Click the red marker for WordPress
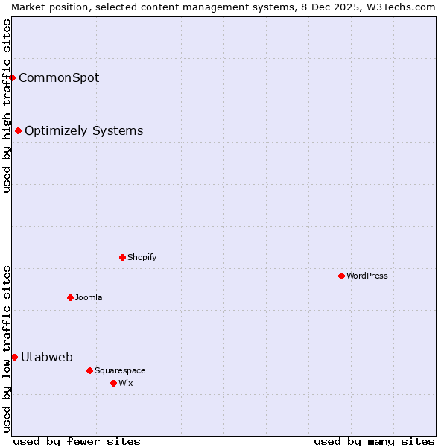(x=341, y=276)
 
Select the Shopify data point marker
(x=122, y=257)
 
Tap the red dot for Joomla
(x=70, y=297)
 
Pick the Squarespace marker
(x=89, y=370)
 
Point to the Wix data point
(x=113, y=383)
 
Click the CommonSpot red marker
(x=12, y=77)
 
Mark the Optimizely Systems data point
(x=18, y=131)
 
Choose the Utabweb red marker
(x=14, y=357)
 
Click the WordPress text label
(x=367, y=276)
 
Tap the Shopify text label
(x=142, y=257)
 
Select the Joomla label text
(x=89, y=297)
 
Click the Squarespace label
(x=120, y=370)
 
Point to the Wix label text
(x=125, y=383)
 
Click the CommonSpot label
(x=59, y=77)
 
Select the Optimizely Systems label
(x=83, y=131)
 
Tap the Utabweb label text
(x=47, y=357)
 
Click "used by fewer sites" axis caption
(x=77, y=441)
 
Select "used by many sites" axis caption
(x=374, y=441)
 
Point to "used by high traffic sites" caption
(x=7, y=106)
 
